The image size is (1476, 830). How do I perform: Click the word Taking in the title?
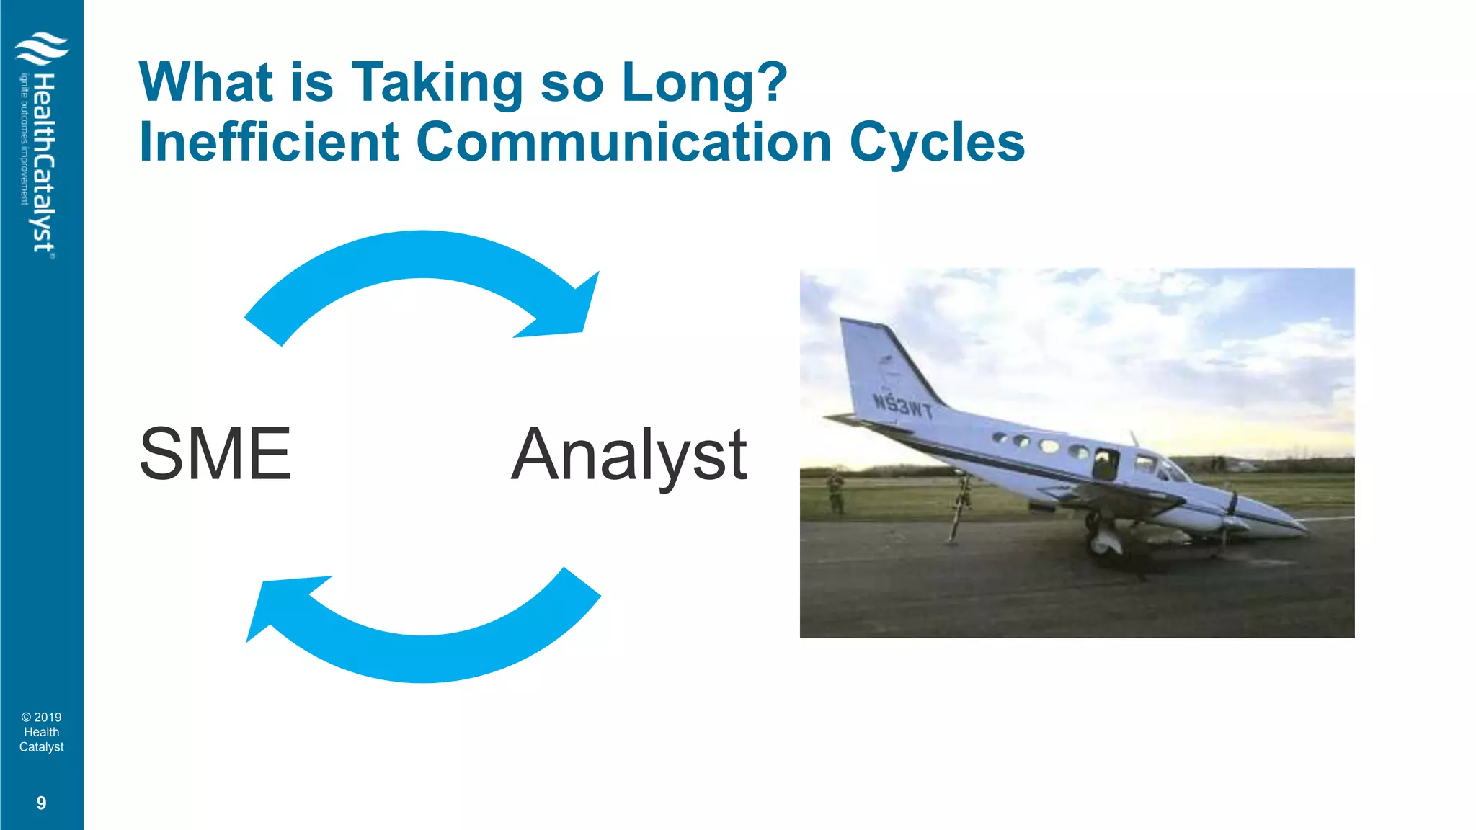pyautogui.click(x=437, y=83)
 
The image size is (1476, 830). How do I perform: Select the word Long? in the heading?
pyautogui.click(x=704, y=83)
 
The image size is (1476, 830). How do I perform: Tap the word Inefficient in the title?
pyautogui.click(x=269, y=142)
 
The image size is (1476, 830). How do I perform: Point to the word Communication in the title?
pyautogui.click(x=624, y=142)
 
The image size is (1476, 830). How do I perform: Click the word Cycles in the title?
pyautogui.click(x=937, y=143)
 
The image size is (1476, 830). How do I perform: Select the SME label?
pyautogui.click(x=215, y=454)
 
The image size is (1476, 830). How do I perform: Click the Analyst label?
pyautogui.click(x=629, y=455)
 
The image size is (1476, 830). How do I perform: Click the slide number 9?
pyautogui.click(x=41, y=803)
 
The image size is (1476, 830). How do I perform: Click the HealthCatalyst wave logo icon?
pyautogui.click(x=42, y=49)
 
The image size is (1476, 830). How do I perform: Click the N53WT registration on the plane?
pyautogui.click(x=902, y=406)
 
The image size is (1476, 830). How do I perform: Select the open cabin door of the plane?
pyautogui.click(x=1104, y=465)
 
